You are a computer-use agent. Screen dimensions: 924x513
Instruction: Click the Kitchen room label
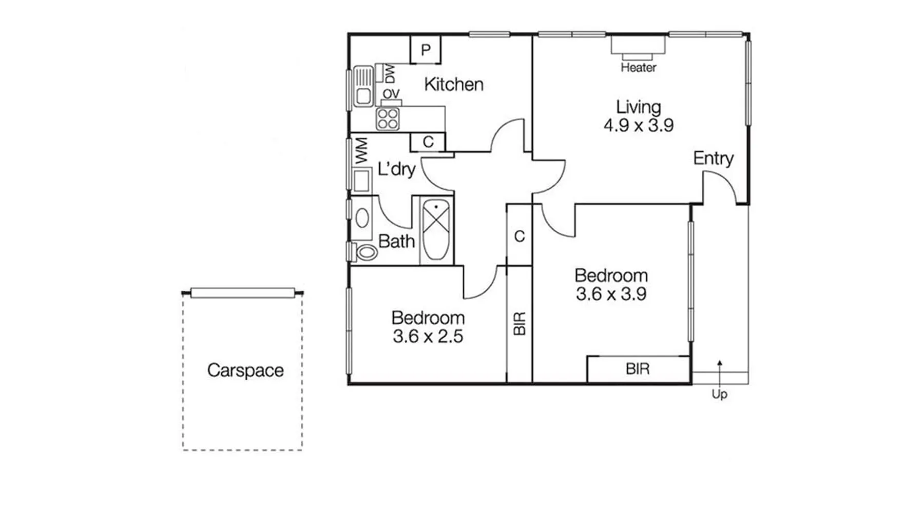coord(454,84)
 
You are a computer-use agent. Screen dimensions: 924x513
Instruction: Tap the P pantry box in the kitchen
coord(426,49)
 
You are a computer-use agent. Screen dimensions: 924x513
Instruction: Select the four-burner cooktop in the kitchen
coord(388,119)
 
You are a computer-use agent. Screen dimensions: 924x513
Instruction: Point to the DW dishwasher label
coord(390,74)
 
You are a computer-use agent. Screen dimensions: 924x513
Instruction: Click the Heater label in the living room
coord(638,67)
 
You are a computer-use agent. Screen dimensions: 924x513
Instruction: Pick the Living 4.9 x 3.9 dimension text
coord(639,125)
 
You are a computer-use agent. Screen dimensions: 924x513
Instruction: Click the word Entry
coord(713,158)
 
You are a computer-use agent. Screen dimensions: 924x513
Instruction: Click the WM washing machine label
coord(361,151)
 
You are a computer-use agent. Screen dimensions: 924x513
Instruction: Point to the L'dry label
coord(396,168)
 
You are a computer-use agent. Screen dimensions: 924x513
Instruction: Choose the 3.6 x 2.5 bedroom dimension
coord(428,337)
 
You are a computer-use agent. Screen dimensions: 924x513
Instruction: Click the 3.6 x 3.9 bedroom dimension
coord(611,294)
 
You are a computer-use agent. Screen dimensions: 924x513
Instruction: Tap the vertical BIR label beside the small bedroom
coord(519,324)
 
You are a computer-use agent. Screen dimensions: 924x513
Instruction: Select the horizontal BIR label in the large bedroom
coord(638,369)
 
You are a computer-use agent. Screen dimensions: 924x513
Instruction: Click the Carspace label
coord(245,370)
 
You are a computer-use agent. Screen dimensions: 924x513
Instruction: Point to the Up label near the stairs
coord(719,394)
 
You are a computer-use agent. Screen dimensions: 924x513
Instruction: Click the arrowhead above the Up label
coord(720,363)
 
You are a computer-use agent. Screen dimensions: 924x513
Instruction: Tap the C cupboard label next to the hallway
coord(519,236)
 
